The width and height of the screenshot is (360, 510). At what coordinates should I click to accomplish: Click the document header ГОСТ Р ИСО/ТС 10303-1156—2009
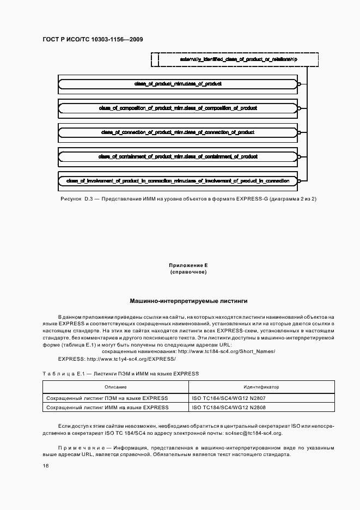[92, 39]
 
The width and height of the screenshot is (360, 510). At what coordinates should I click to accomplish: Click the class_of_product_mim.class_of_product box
[178, 84]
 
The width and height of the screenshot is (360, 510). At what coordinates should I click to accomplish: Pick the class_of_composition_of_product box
[178, 108]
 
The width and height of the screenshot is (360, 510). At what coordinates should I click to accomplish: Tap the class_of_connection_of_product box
[178, 132]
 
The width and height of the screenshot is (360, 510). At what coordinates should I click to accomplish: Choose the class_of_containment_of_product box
[178, 156]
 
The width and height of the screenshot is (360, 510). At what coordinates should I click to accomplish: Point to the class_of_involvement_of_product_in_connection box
[178, 180]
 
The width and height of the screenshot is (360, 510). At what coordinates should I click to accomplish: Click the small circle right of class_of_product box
[299, 84]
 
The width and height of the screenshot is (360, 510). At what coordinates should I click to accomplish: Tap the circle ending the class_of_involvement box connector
[299, 180]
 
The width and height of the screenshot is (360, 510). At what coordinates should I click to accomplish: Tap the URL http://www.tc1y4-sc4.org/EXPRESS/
[131, 359]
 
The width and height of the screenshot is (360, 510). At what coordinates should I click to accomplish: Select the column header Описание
[115, 387]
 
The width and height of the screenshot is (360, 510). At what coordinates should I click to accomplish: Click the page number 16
[46, 466]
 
